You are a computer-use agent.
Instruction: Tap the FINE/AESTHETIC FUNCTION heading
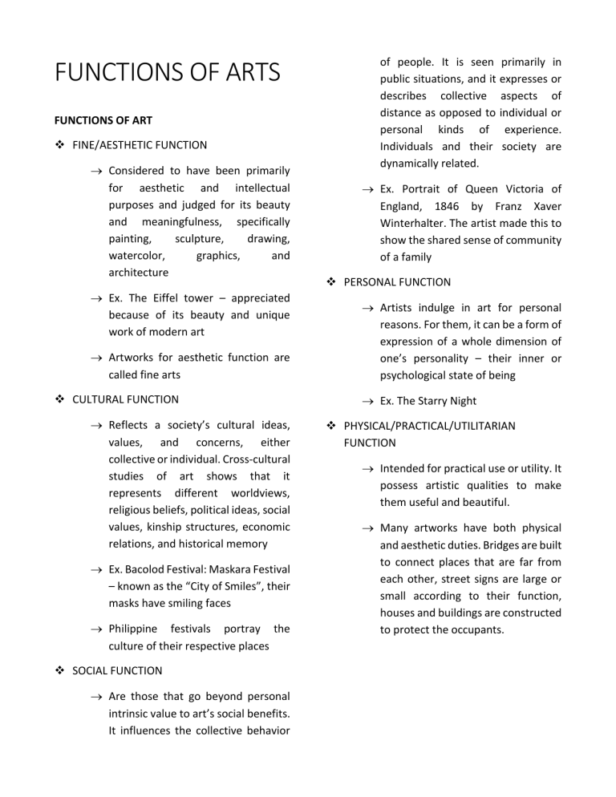tap(140, 145)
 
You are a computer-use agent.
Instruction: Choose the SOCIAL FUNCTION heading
tap(117, 670)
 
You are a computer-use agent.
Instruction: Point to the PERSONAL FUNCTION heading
tap(397, 282)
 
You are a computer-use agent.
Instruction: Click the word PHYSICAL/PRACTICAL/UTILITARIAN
tap(429, 426)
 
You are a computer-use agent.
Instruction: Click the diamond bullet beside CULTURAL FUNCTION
tap(60, 398)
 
